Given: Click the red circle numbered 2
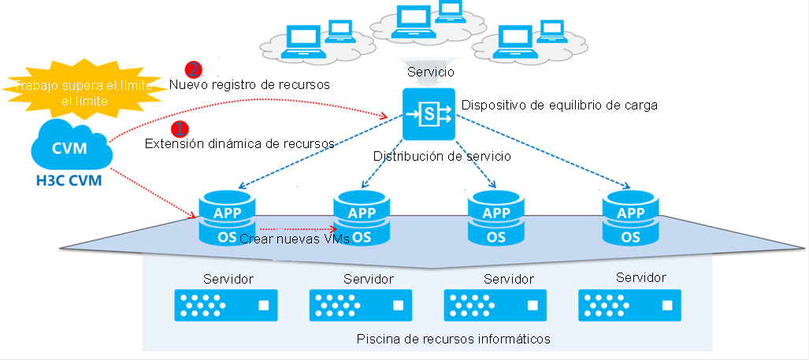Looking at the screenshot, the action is click(x=194, y=69).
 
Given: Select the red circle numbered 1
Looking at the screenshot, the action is click(x=180, y=128).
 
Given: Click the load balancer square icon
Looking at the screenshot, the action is click(x=429, y=114).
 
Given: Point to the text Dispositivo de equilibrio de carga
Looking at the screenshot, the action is click(x=560, y=106).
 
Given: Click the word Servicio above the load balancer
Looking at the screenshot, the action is click(x=431, y=72).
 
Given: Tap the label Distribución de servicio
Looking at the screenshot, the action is click(x=442, y=156).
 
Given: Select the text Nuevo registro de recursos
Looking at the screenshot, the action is click(x=250, y=84).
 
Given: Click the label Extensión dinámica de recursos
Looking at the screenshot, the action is click(x=240, y=143).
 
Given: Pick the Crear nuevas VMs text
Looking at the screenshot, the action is click(x=296, y=239).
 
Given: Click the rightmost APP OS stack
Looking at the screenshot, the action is click(x=630, y=217).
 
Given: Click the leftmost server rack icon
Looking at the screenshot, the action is click(x=226, y=306).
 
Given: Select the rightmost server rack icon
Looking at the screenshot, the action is click(x=630, y=306).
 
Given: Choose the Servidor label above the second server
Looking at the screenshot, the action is click(x=369, y=280).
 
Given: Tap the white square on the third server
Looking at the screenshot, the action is click(x=533, y=306).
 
